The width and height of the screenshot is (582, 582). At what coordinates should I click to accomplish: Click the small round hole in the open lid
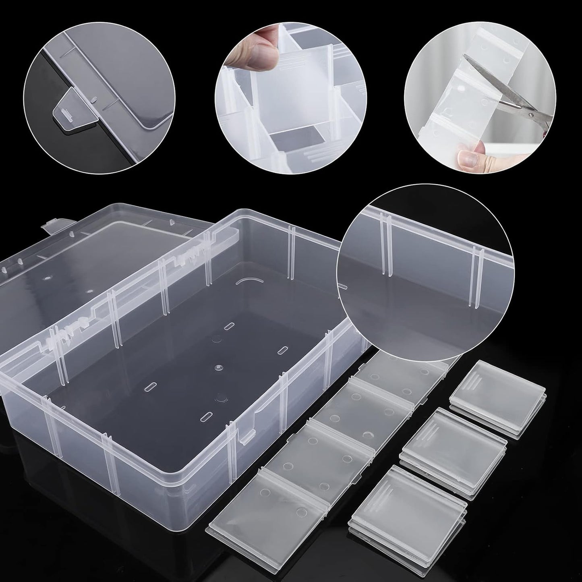coord(48,278)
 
